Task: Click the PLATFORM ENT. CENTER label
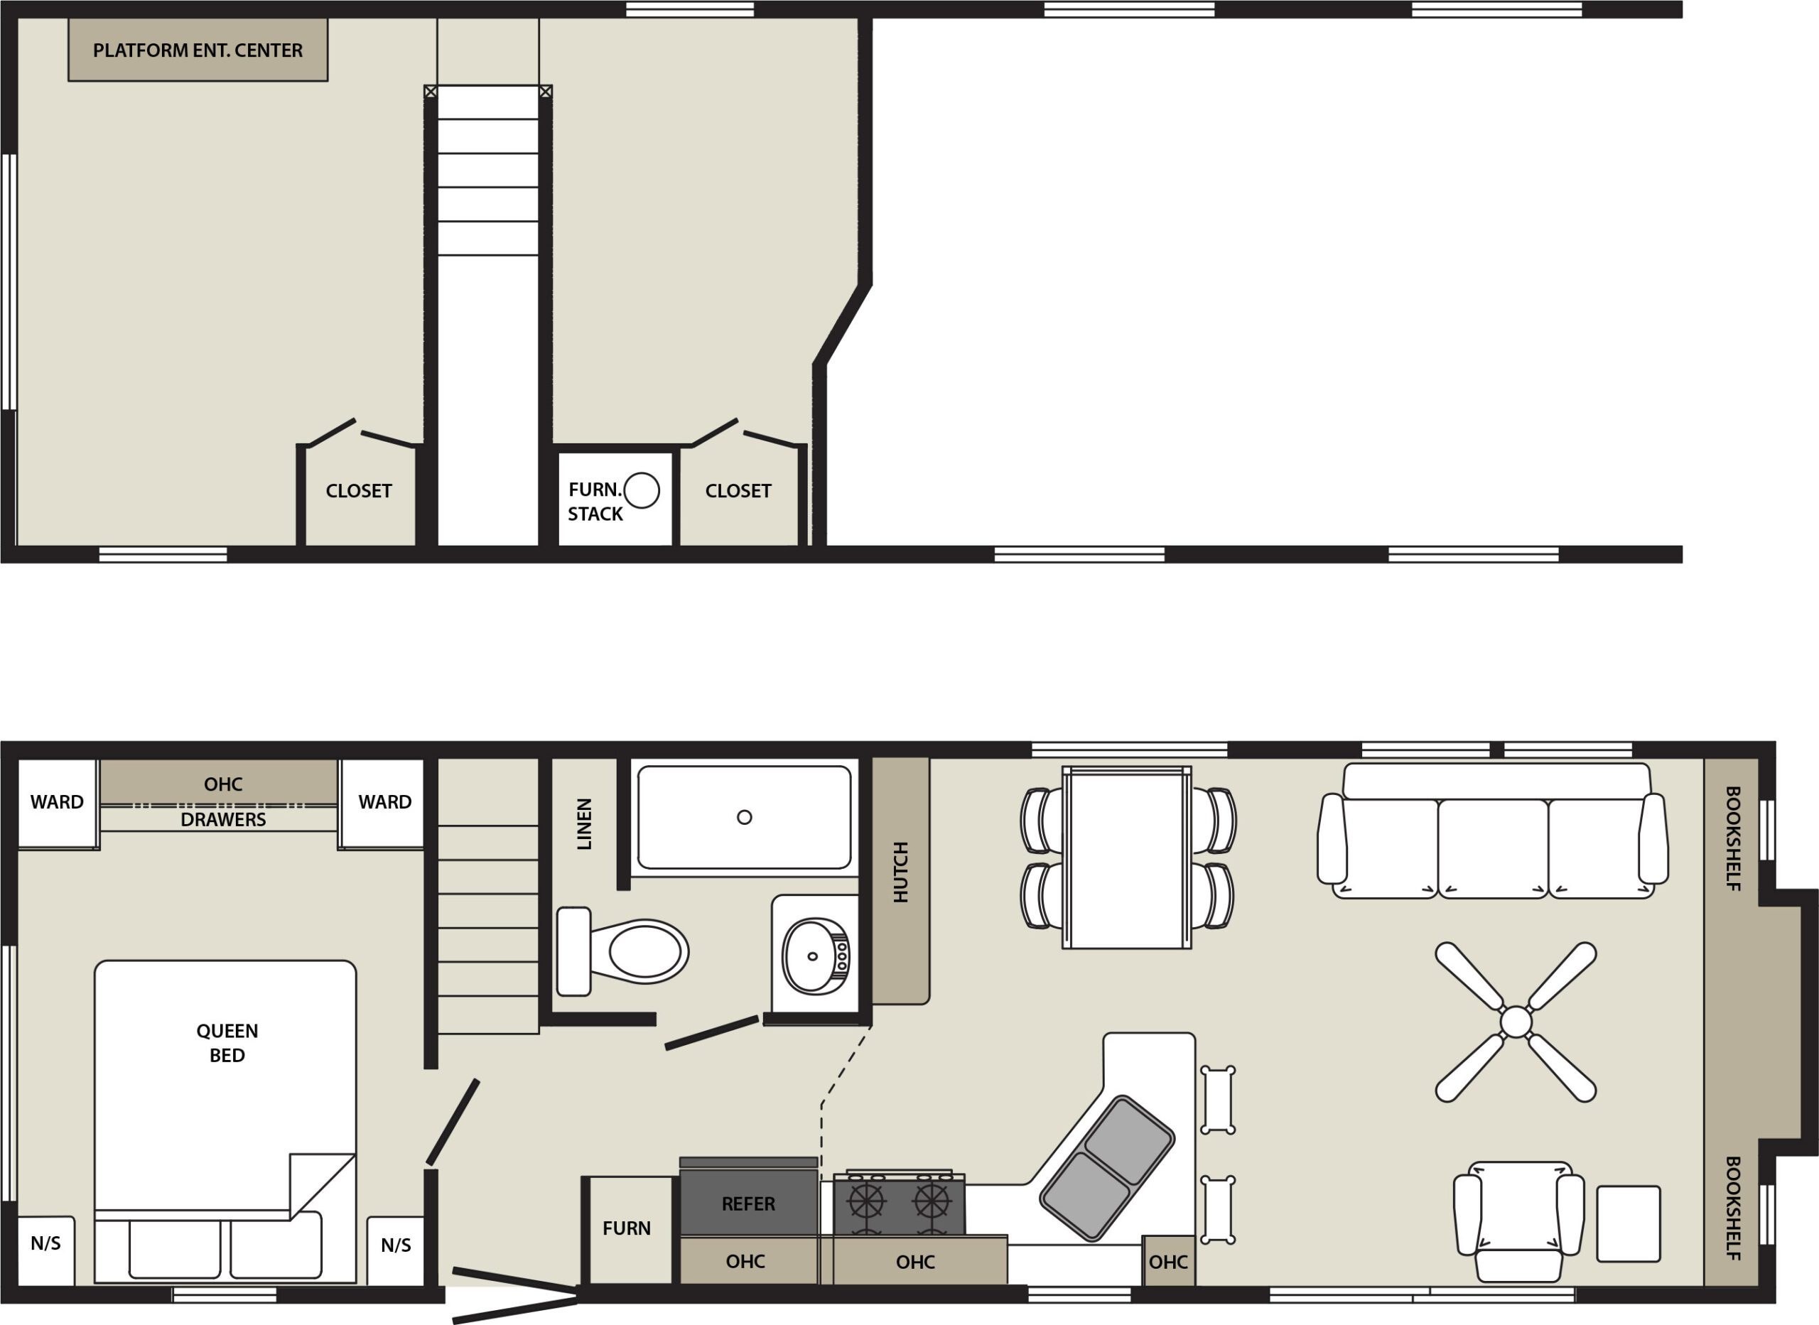tap(198, 50)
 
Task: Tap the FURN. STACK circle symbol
tap(642, 490)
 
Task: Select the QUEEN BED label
tap(227, 1043)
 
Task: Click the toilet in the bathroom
tap(622, 951)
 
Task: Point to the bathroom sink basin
tap(816, 956)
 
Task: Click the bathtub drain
tap(744, 817)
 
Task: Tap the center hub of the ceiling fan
tap(1516, 1022)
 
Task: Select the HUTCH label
tap(901, 872)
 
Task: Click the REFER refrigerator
tap(748, 1201)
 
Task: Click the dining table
tap(1127, 858)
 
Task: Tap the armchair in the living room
tap(1519, 1221)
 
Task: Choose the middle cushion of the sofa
tap(1494, 848)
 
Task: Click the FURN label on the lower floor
tap(627, 1228)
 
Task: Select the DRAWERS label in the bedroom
tap(223, 820)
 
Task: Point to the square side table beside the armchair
tap(1628, 1224)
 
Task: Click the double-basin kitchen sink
tap(1107, 1168)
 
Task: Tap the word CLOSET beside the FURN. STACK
tap(738, 491)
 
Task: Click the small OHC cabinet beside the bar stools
tap(1167, 1262)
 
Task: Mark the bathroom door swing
tap(711, 1033)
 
